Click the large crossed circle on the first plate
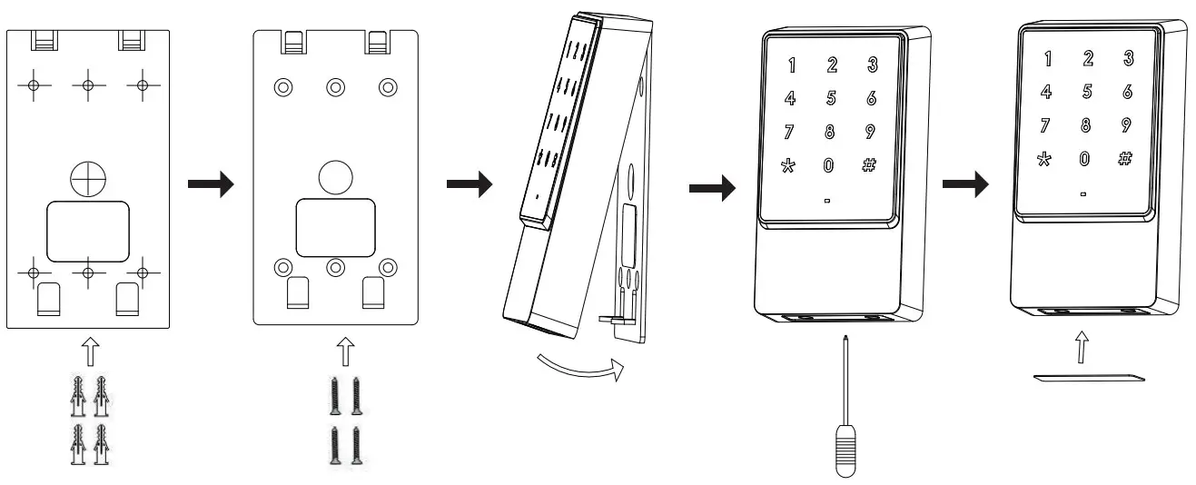pos(88,180)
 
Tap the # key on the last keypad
pos(1125,157)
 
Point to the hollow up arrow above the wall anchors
pos(88,349)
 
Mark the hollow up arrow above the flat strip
pos(1078,346)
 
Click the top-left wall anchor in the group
pos(79,392)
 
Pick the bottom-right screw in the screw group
pos(357,445)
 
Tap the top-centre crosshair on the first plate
pos(88,84)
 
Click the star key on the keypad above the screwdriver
pos(788,165)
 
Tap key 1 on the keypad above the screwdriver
pos(790,65)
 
